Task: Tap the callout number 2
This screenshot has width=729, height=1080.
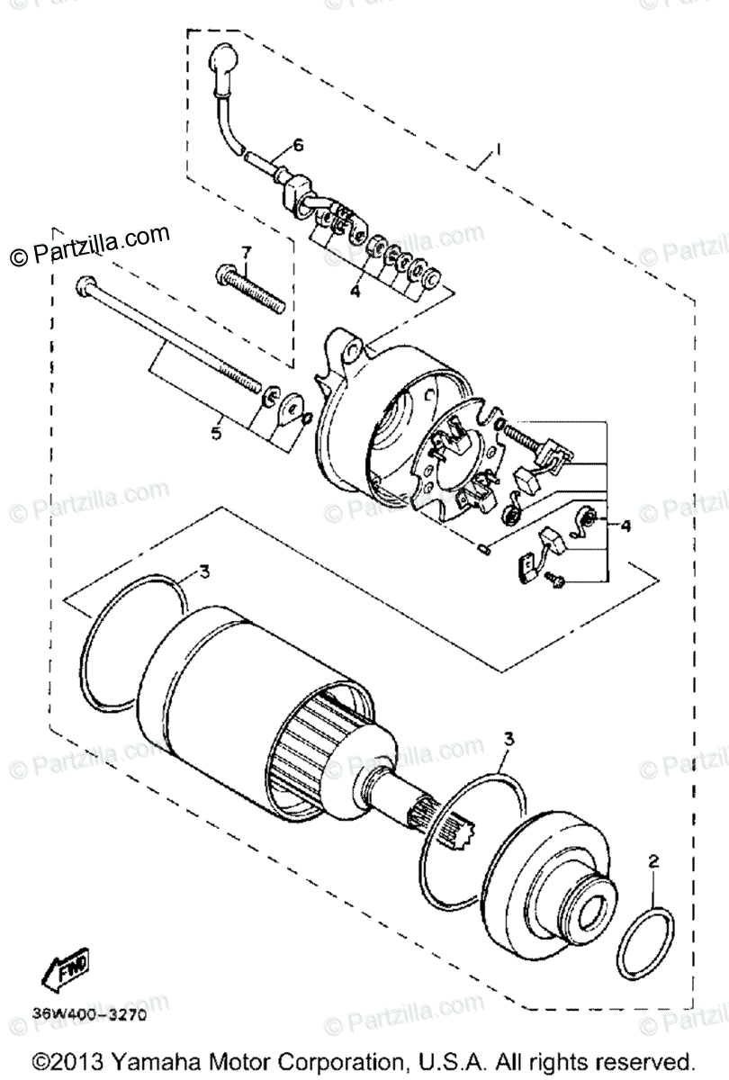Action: click(653, 861)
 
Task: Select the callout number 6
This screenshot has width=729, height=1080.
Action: click(297, 145)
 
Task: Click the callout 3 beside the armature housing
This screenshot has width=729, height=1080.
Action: click(205, 571)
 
